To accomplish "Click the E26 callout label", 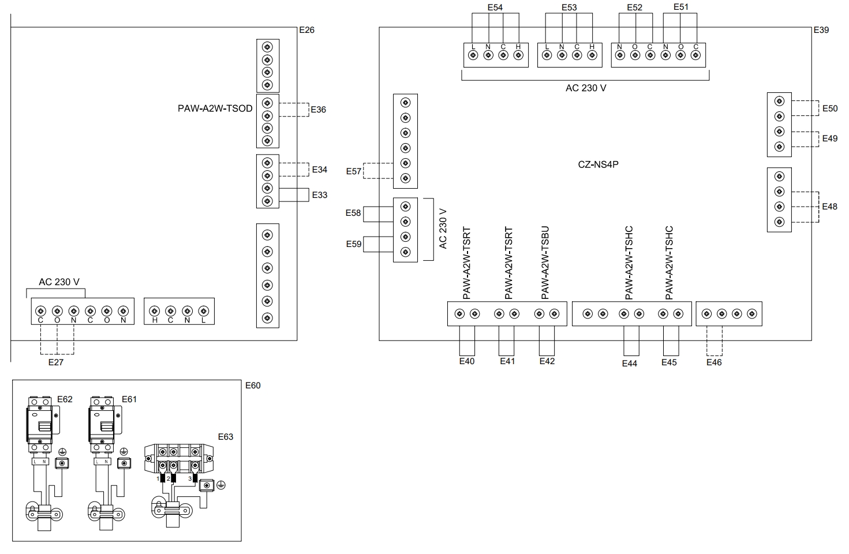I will (306, 30).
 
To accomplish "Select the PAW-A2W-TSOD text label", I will (215, 108).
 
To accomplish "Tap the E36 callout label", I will (318, 110).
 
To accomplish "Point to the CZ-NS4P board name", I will (599, 164).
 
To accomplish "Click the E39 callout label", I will (820, 30).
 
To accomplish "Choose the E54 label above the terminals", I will (495, 8).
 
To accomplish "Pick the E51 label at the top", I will (681, 7).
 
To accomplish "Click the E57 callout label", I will (354, 171).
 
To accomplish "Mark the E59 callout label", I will (354, 244).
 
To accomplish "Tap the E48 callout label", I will (829, 207).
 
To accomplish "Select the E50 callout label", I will (829, 108).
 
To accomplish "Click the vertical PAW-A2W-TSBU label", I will (545, 263).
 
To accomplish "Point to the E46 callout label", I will (714, 362).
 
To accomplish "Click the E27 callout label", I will (56, 362).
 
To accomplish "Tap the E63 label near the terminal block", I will (226, 437).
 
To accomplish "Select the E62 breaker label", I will (65, 399).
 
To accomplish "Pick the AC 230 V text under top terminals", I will (586, 88).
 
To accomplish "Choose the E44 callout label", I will (630, 364).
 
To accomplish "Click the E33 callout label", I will (320, 195).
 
